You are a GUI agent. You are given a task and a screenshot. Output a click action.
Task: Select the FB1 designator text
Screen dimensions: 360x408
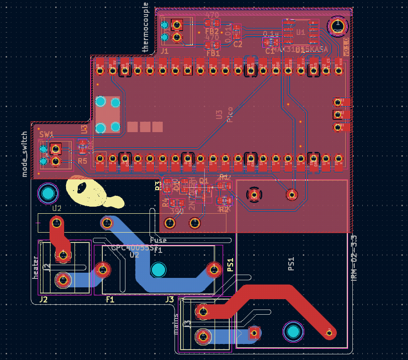click(x=213, y=53)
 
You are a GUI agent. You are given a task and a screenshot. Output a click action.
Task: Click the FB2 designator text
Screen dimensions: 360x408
click(x=212, y=31)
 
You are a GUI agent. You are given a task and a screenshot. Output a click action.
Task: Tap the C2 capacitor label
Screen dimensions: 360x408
click(x=237, y=44)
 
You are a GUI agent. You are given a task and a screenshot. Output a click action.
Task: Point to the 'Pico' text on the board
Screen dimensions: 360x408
click(x=230, y=114)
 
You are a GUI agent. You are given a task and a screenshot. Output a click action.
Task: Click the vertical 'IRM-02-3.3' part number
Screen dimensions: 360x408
click(x=355, y=258)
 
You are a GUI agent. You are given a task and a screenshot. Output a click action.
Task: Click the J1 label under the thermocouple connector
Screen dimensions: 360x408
click(x=165, y=50)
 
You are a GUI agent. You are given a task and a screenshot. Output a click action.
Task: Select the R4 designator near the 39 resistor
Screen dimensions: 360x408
click(x=165, y=202)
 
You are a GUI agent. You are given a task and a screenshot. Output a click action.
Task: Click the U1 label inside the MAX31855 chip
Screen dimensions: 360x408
click(x=300, y=32)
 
